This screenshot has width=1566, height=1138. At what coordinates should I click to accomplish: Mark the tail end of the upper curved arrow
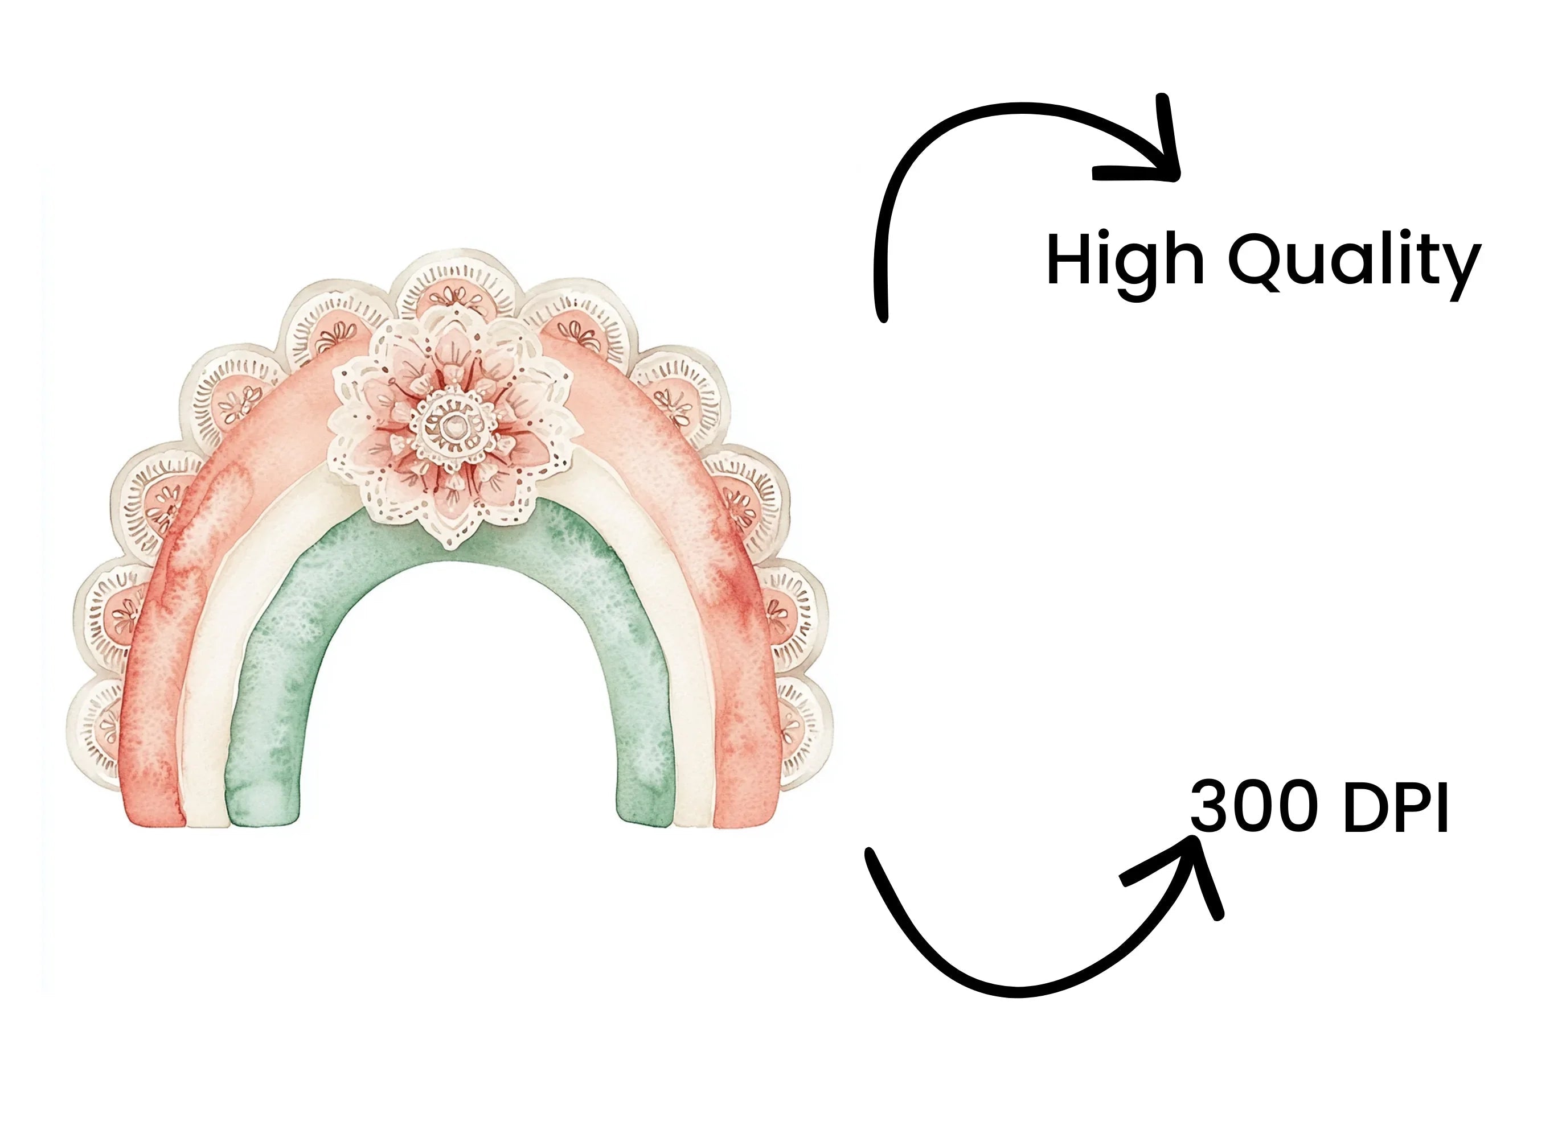tap(883, 318)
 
